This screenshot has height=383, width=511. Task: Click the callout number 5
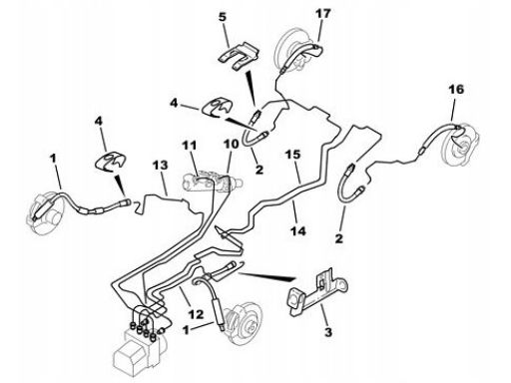coord(223,17)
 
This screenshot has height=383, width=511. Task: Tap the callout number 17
coord(323,14)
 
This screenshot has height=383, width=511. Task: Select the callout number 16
coord(456,89)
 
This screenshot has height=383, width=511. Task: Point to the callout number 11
coord(190,146)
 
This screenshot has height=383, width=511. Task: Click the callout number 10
coord(231,145)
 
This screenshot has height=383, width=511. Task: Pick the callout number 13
coord(161,166)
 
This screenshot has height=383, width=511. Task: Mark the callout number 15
coord(292,155)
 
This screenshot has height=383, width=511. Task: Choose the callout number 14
coord(297,230)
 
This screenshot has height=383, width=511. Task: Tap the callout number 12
coord(196,314)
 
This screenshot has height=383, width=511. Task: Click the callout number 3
coord(328,331)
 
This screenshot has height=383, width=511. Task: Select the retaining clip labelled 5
coord(239,56)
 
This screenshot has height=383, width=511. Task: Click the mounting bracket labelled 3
coord(317,292)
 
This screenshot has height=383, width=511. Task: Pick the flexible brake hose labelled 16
coord(439,138)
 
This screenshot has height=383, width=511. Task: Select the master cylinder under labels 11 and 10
coord(213,182)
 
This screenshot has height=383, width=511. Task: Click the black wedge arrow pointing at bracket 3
coord(266,276)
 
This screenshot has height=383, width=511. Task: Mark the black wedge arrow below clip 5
coord(251,87)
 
